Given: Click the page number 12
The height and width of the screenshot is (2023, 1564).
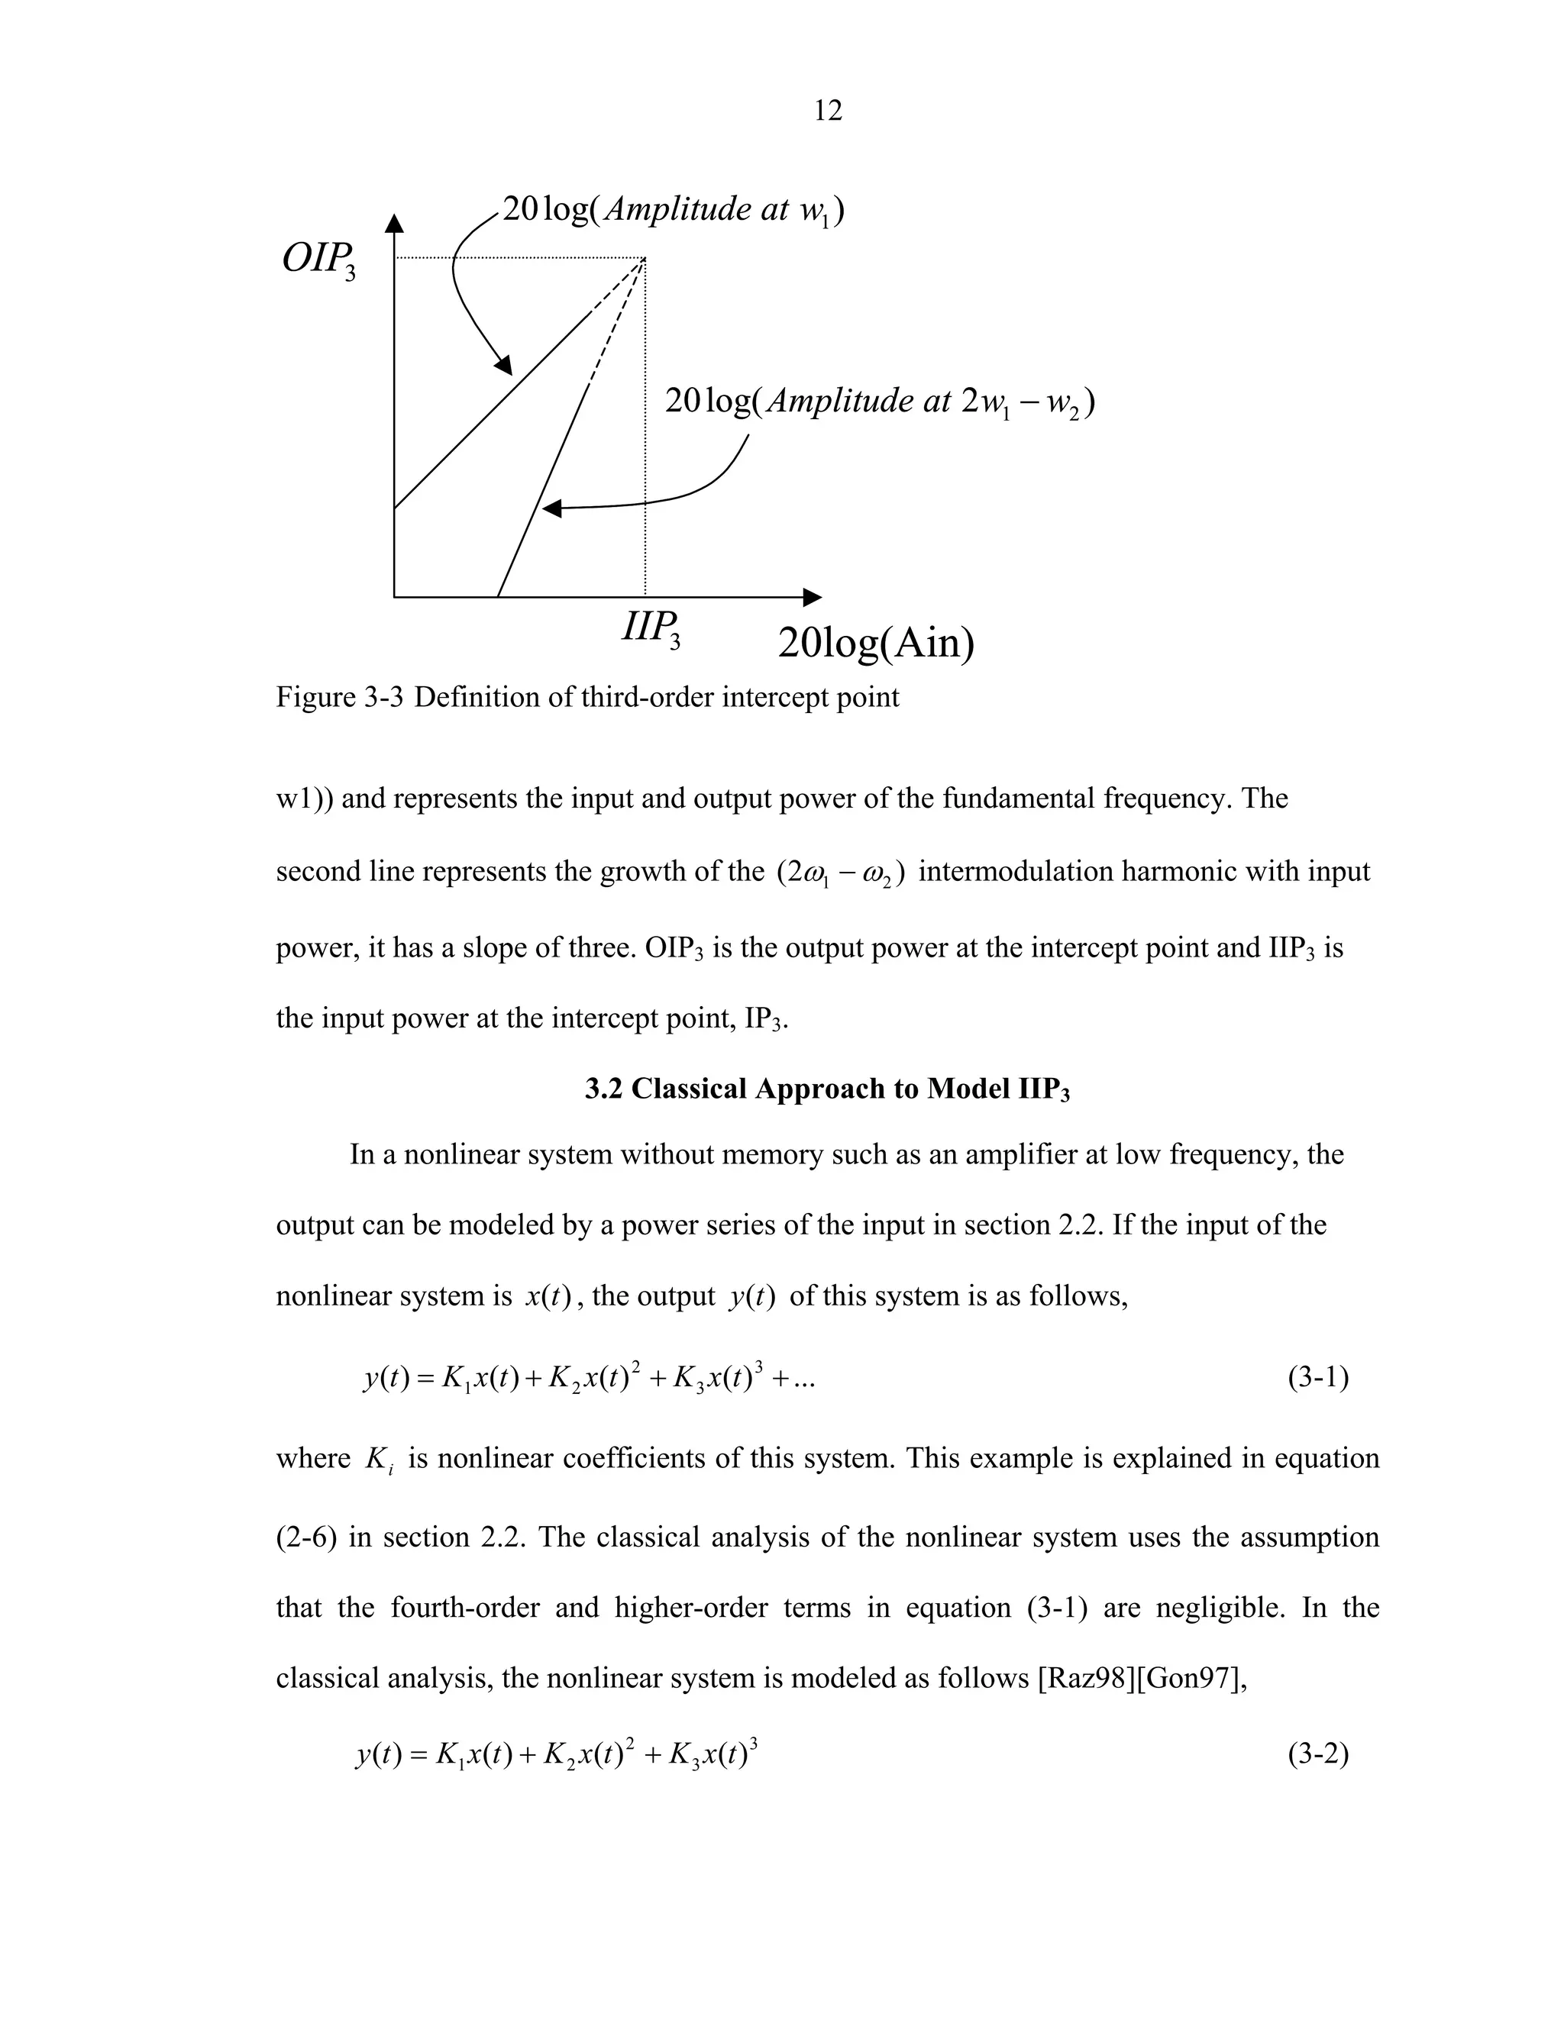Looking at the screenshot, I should pos(827,111).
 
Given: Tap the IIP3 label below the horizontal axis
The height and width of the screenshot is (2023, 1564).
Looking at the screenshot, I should pos(651,629).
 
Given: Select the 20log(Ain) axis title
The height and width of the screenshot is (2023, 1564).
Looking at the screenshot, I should pos(876,643).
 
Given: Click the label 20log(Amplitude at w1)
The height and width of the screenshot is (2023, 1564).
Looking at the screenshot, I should pos(673,210).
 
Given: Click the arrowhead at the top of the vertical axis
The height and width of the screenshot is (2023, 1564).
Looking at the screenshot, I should pos(395,223).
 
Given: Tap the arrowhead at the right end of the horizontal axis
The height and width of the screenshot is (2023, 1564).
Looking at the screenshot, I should pos(812,598).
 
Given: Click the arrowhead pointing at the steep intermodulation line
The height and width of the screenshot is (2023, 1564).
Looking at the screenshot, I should pos(552,508).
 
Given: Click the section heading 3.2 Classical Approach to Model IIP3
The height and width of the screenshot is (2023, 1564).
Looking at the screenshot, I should pos(826,1089).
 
